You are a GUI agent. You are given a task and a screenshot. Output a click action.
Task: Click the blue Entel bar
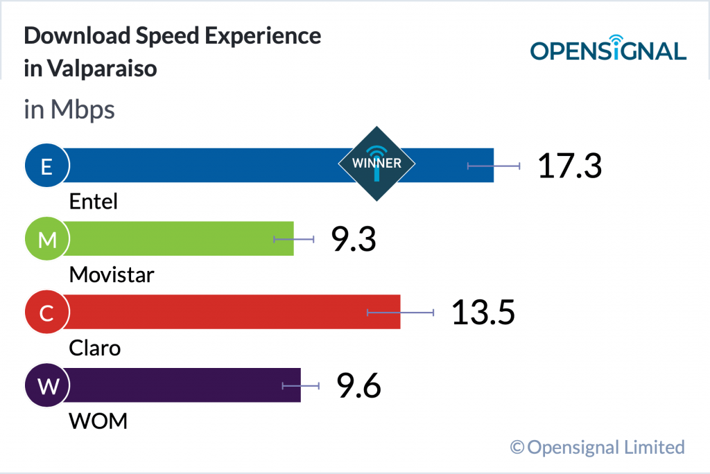208,165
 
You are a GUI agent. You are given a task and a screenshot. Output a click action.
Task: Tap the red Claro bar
229,312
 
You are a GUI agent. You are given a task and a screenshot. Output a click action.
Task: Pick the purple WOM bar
180,385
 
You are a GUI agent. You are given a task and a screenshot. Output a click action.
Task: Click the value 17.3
570,166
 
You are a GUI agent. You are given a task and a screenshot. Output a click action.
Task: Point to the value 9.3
353,240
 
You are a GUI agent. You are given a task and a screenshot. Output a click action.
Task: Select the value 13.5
483,313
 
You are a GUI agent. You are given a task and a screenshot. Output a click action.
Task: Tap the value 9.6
358,386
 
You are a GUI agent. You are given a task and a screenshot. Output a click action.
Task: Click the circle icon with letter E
46,166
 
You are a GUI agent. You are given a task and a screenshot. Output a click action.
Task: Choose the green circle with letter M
46,239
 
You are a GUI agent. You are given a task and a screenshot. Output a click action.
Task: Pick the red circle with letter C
46,313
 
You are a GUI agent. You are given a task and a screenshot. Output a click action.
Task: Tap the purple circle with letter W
46,386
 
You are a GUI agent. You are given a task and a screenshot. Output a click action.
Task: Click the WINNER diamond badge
376,164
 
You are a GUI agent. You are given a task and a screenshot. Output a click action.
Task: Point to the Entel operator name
94,202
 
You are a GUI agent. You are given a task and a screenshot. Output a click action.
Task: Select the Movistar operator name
112,275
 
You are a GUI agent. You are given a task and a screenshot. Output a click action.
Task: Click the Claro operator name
95,348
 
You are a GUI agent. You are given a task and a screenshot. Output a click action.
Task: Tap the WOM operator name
98,421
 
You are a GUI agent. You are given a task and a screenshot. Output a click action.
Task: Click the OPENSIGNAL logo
608,49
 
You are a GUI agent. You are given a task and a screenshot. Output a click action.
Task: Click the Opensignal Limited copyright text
598,447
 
